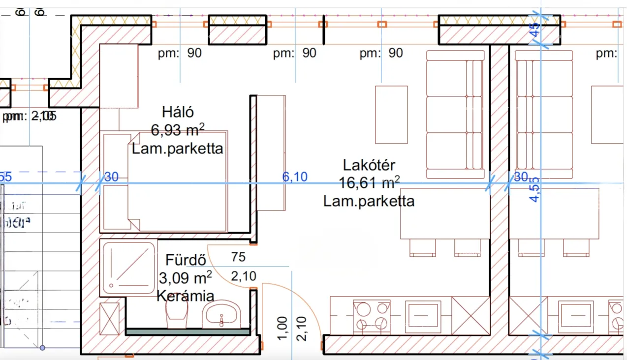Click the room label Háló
(177, 112)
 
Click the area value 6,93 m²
(177, 130)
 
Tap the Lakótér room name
(369, 165)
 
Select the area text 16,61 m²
(369, 183)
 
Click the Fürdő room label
(186, 260)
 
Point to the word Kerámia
(185, 296)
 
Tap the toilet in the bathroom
(177, 313)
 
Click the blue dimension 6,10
(295, 176)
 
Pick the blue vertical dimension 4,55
(534, 189)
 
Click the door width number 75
(238, 257)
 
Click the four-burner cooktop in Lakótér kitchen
(371, 316)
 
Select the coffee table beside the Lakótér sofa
(391, 115)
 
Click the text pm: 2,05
(30, 117)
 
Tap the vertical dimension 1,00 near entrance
(282, 328)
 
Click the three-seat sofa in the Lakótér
(455, 114)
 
